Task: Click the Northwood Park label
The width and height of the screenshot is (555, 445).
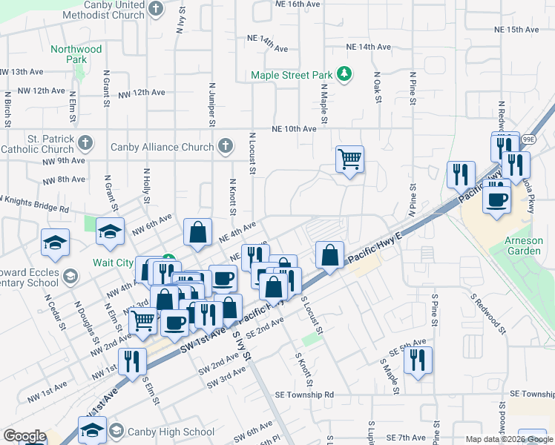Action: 76,54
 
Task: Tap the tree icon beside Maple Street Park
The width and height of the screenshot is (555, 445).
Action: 344,74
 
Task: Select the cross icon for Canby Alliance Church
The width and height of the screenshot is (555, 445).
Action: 225,147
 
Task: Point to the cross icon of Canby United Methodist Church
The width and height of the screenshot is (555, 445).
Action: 155,9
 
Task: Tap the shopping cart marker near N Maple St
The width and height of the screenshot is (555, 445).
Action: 350,158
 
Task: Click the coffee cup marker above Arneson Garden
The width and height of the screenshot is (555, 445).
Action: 497,198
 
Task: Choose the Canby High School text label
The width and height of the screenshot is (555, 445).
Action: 171,432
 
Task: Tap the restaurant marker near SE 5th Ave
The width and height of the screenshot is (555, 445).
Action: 418,360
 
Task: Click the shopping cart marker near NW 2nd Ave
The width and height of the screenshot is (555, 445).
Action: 142,320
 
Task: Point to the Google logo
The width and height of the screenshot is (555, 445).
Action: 24,436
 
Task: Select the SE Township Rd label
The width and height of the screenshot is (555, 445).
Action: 304,395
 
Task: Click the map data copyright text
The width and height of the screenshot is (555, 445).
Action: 508,439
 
